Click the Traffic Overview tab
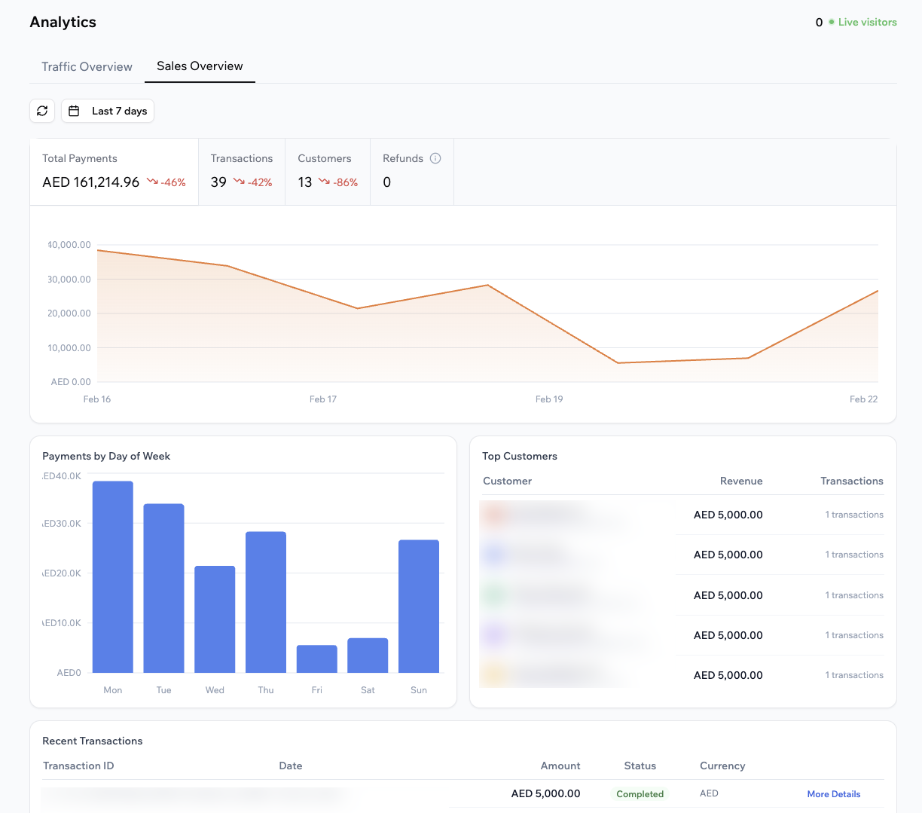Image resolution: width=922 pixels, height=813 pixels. point(87,66)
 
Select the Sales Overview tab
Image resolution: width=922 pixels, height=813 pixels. point(200,66)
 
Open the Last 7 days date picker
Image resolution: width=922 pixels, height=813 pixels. point(108,111)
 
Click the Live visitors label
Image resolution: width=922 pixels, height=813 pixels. point(867,23)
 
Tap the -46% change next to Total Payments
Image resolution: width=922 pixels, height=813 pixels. point(166,182)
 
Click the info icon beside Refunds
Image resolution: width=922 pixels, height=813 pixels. point(435,158)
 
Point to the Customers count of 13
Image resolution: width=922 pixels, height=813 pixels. point(305,182)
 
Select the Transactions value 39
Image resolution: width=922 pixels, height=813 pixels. point(218,182)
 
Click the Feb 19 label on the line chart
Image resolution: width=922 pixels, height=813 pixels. point(549,399)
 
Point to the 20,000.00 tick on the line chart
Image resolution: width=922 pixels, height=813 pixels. point(69,313)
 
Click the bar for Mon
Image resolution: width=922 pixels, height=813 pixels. point(113,576)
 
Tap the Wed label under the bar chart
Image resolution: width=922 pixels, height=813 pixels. point(215,690)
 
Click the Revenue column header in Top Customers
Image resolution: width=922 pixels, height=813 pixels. point(741,481)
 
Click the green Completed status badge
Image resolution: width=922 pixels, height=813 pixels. point(640,794)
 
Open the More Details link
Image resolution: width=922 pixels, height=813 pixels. point(833,794)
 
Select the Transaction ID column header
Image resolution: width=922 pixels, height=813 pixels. point(78,766)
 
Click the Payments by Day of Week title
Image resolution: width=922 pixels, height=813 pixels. point(106,456)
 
